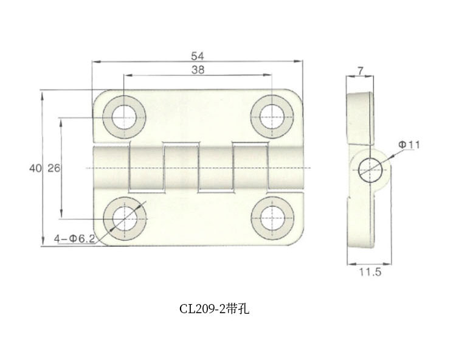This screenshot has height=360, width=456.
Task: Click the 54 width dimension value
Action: point(197,56)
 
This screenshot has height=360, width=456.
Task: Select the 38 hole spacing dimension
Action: point(197,70)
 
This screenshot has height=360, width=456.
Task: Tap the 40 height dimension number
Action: point(33,168)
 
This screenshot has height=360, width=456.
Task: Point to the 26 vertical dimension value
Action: point(54,168)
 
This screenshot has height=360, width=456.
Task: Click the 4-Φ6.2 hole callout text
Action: point(74,238)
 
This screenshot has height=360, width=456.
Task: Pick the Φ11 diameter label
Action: point(410,144)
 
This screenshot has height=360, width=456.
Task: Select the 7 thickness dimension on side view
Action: point(361,71)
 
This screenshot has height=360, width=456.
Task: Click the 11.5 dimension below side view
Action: point(370,273)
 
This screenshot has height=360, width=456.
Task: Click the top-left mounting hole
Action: point(123,116)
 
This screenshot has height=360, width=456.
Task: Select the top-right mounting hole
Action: point(271,116)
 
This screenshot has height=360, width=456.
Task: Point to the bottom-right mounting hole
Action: point(271,218)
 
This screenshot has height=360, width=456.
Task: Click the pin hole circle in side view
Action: point(370,168)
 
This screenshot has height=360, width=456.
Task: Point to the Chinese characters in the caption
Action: point(238,308)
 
